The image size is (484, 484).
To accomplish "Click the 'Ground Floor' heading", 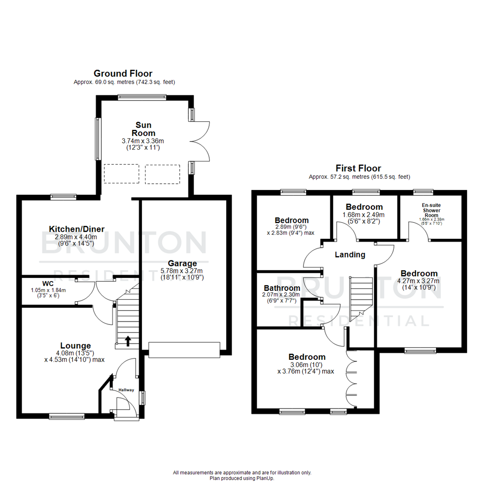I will [123, 73].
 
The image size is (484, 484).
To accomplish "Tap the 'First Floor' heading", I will [358, 169].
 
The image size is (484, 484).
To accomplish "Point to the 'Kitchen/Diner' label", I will [80, 229].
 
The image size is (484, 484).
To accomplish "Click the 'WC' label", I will [48, 284].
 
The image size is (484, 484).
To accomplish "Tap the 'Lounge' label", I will [76, 346].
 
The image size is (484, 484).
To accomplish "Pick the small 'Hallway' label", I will [126, 390].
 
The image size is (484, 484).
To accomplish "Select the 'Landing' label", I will [350, 255].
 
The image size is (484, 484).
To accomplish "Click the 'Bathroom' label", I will [281, 288].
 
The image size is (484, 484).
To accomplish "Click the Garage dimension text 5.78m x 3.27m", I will [182, 271].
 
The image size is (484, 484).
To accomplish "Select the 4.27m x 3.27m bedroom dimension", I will [419, 281].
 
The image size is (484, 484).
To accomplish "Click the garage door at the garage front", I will [184, 350].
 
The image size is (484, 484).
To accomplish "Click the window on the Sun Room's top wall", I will [142, 97].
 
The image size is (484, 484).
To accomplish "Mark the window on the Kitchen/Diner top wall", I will [63, 196].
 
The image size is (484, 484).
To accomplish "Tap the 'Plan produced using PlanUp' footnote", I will [242, 478].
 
